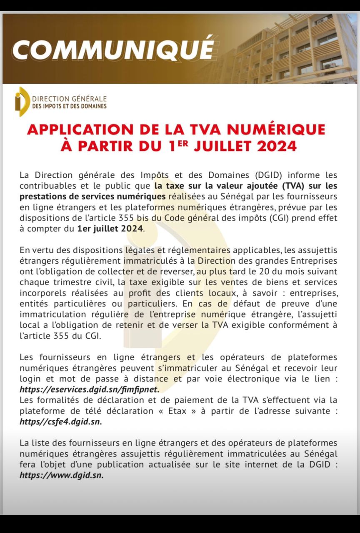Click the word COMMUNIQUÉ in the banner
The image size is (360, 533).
click(x=113, y=50)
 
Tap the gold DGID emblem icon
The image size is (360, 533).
click(x=21, y=102)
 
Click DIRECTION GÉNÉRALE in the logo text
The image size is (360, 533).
click(x=69, y=99)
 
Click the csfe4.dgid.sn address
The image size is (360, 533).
click(x=60, y=421)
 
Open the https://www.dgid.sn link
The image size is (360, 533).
click(x=61, y=475)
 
